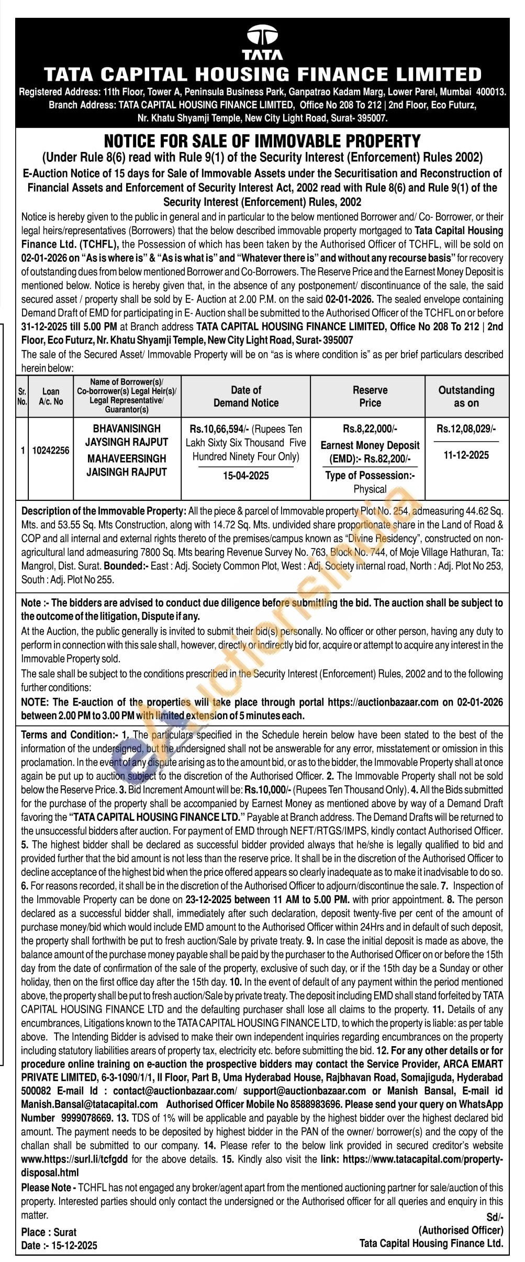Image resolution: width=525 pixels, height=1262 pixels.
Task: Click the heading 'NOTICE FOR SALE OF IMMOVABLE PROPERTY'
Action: pyautogui.click(x=262, y=141)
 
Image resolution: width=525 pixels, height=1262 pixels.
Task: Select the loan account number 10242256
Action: pyautogui.click(x=51, y=451)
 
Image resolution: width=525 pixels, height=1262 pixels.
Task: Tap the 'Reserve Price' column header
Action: pyautogui.click(x=370, y=397)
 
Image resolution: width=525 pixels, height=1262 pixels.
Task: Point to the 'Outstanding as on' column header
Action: pyautogui.click(x=466, y=397)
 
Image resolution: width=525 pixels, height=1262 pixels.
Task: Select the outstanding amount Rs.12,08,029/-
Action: pyautogui.click(x=466, y=429)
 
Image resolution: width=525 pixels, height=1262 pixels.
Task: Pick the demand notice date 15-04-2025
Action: pyautogui.click(x=245, y=476)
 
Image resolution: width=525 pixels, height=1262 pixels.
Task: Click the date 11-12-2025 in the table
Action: pyautogui.click(x=466, y=455)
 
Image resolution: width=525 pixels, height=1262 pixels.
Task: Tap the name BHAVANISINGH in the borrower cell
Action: pyautogui.click(x=127, y=429)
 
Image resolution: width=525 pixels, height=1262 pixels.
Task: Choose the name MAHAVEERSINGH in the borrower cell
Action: pyautogui.click(x=127, y=458)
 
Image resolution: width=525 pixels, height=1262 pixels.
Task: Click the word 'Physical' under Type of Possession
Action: pyautogui.click(x=370, y=489)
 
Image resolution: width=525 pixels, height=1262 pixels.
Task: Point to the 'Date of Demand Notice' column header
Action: pyautogui.click(x=245, y=397)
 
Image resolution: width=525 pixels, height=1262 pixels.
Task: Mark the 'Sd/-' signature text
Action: pyautogui.click(x=494, y=1217)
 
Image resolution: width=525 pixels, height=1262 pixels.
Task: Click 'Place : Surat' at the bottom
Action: pyautogui.click(x=49, y=1232)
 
